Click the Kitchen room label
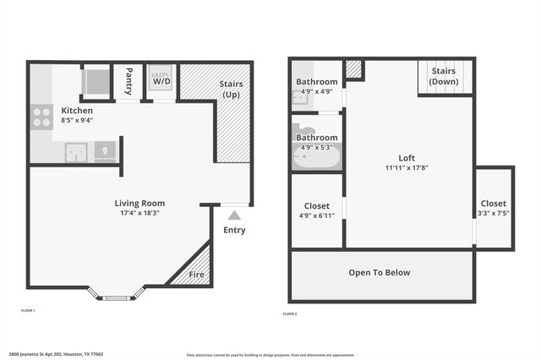pos(77,110)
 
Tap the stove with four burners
pos(41,117)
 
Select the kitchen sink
pos(76,152)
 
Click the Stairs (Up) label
pos(232,89)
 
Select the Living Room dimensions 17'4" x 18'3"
pos(140,213)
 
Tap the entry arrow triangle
pos(234,215)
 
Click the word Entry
pos(234,230)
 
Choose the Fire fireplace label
pos(196,274)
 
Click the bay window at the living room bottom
pos(117,296)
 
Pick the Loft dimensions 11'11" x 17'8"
pos(407,167)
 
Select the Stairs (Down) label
pos(445,77)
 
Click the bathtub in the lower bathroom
pos(316,157)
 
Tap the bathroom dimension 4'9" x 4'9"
pos(316,91)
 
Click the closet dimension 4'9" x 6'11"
pos(317,215)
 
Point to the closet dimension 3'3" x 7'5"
pos(494,213)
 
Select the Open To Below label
pos(380,273)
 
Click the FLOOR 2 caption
pos(290,314)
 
